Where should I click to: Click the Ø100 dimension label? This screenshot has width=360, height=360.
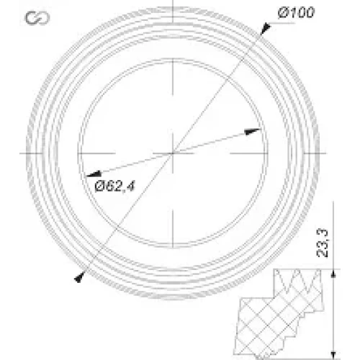click(x=296, y=12)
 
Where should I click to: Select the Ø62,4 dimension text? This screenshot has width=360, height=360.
click(x=115, y=186)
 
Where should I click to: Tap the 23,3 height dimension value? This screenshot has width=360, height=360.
click(x=322, y=243)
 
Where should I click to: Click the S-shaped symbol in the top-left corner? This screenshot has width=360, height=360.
click(x=37, y=18)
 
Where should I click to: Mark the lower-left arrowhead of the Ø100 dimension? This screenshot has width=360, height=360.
click(x=79, y=277)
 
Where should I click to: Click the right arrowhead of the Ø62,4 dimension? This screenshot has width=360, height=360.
click(x=252, y=131)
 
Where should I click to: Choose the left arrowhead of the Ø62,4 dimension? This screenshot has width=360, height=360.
click(x=94, y=174)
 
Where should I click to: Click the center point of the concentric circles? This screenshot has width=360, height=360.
click(x=173, y=153)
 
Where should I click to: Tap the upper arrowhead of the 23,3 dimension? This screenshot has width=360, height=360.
click(x=333, y=274)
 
